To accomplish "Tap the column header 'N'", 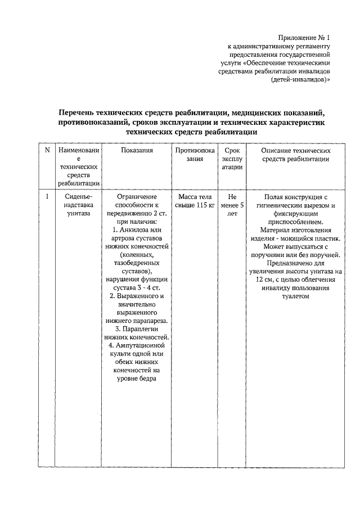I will pyautogui.click(x=47, y=151).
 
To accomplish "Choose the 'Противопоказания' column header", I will pyautogui.click(x=194, y=155).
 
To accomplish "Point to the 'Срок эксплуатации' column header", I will pyautogui.click(x=232, y=159).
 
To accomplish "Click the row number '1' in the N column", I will pyautogui.click(x=47, y=197).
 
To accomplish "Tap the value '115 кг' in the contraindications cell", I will pyautogui.click(x=203, y=205).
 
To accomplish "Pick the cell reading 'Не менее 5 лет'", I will pyautogui.click(x=232, y=205).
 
